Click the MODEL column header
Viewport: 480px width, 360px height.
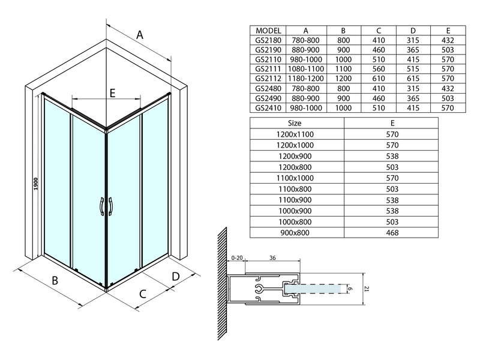coord(268,31)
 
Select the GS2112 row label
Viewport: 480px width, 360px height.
coord(268,78)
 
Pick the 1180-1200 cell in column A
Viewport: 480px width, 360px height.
coord(305,78)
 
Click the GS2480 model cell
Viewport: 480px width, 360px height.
coord(268,88)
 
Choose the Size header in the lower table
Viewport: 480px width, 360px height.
coord(296,123)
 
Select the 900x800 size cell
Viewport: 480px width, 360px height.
coord(296,233)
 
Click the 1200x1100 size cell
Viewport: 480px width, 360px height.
coord(296,134)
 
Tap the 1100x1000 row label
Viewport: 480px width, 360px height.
coord(296,178)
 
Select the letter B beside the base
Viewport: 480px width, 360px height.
coord(54,280)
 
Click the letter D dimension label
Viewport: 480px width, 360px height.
coord(175,276)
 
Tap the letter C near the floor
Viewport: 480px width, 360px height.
coord(143,294)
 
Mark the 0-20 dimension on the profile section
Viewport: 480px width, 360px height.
coord(238,259)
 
